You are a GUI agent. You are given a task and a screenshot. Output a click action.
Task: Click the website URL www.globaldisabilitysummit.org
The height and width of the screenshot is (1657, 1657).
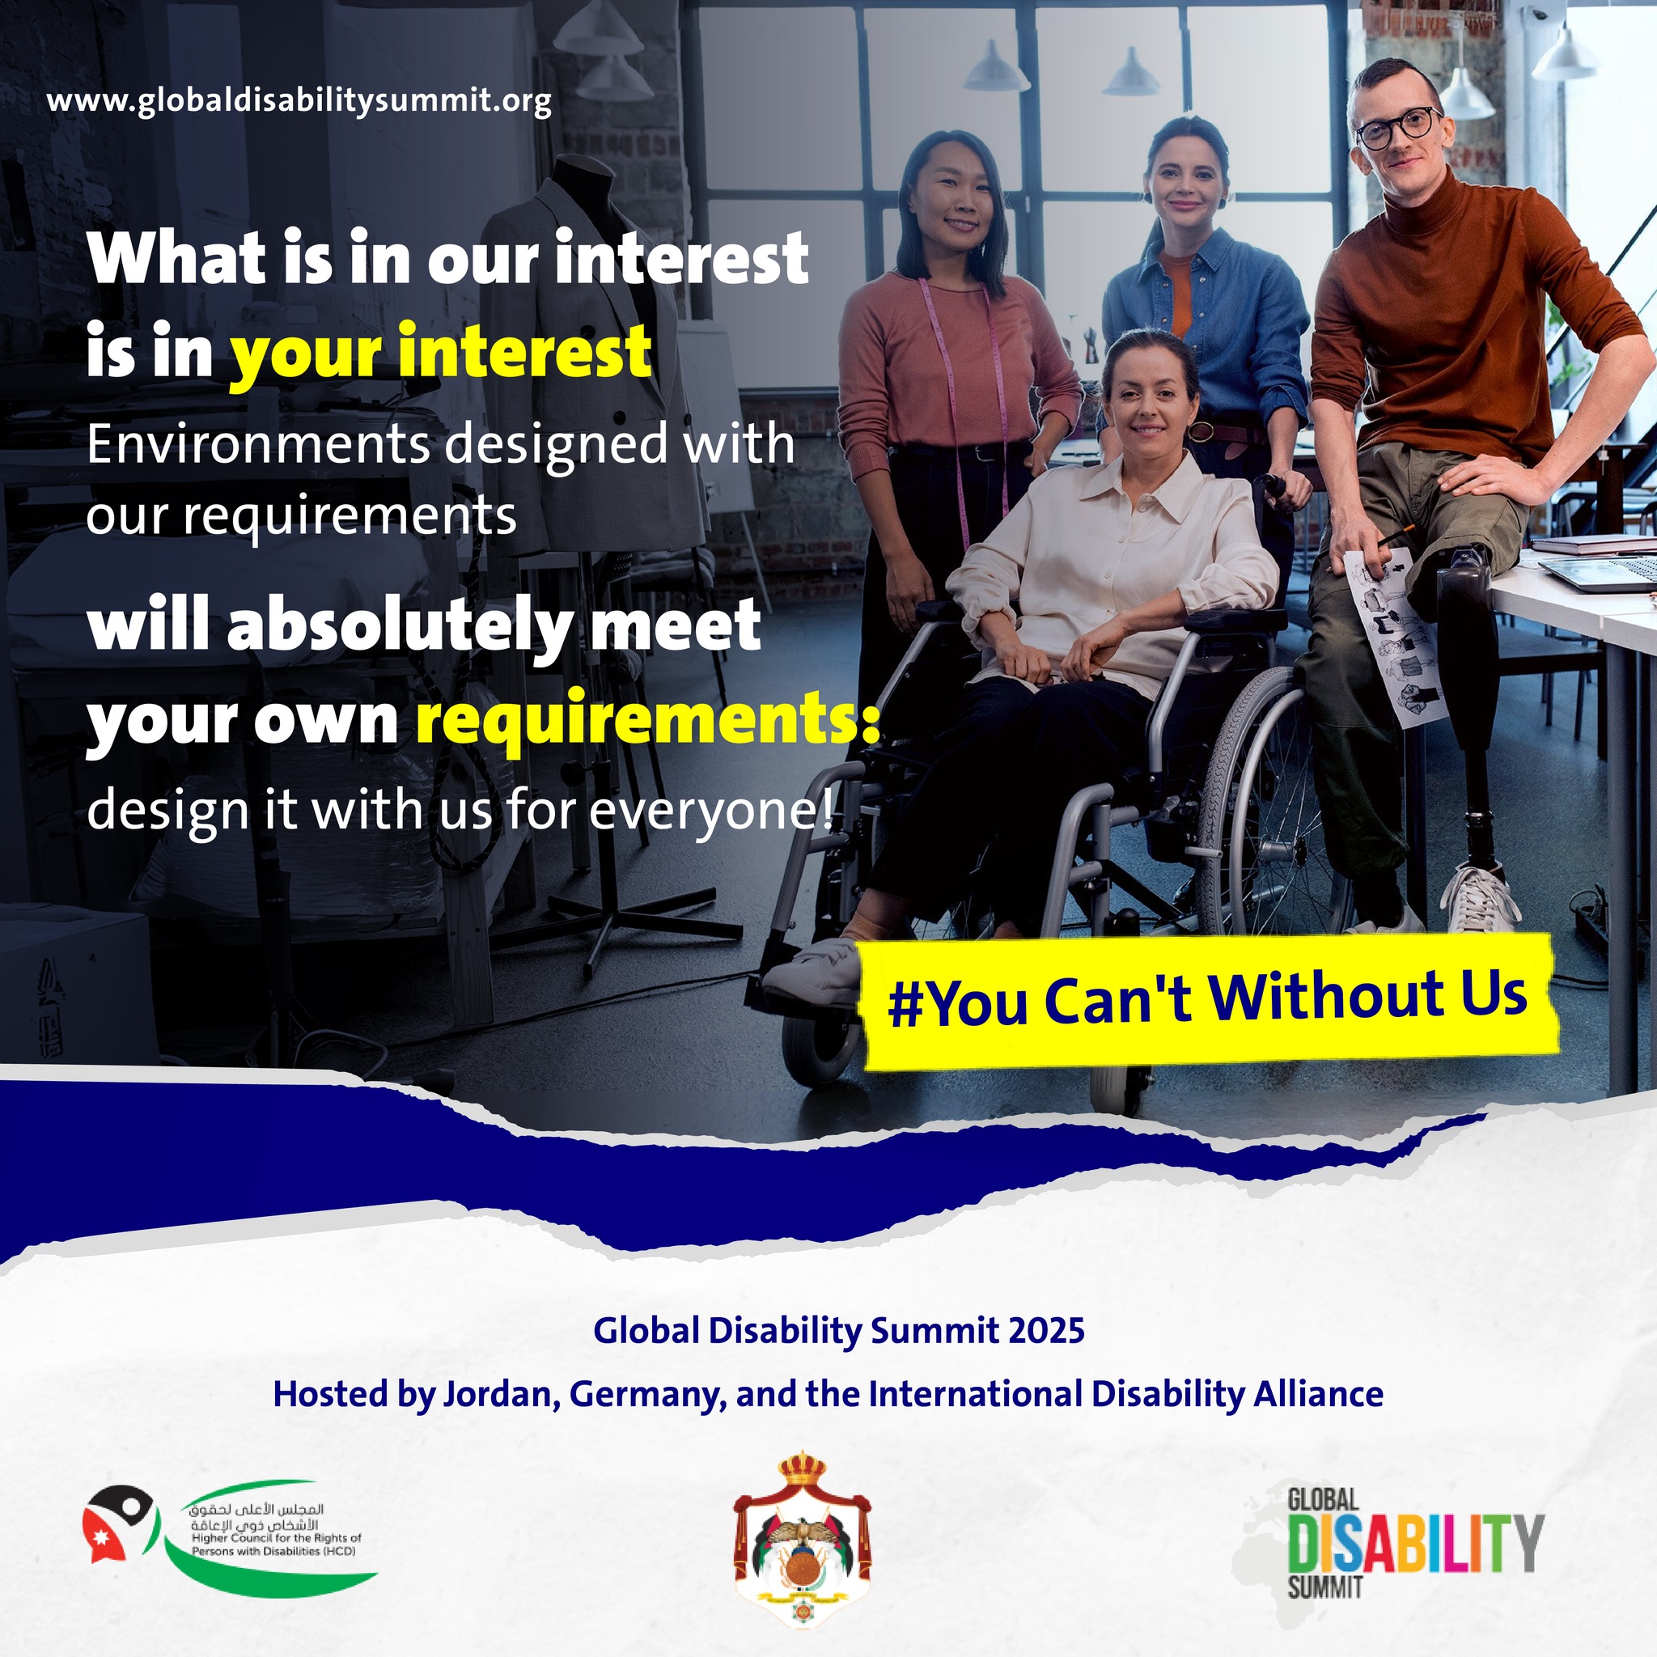[299, 101]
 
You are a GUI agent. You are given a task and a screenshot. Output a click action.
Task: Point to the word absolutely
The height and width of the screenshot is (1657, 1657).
[399, 627]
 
